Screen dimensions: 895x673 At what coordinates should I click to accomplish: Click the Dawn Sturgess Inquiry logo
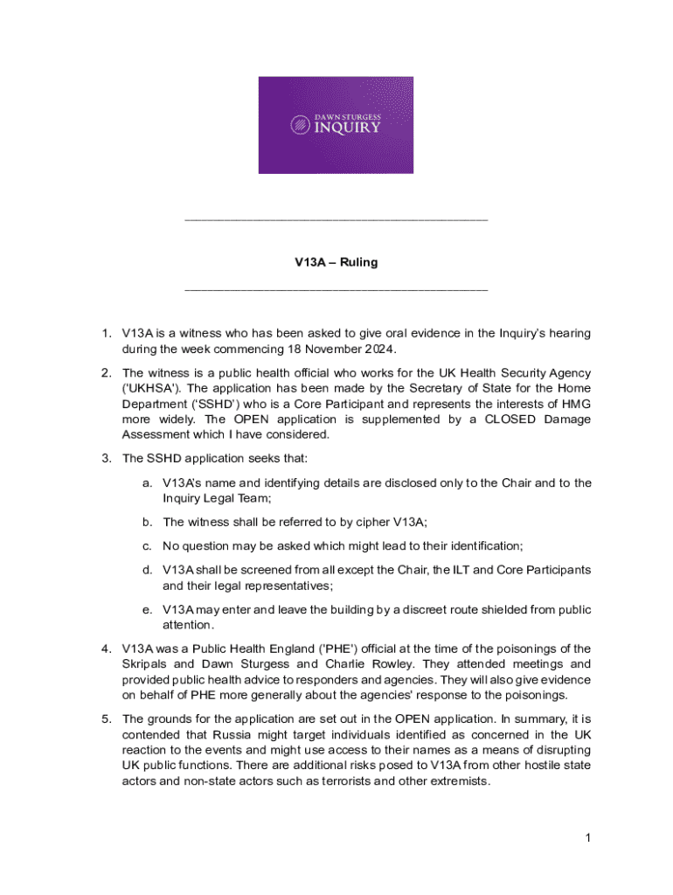(x=336, y=125)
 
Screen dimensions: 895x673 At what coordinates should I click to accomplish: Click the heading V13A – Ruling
(x=336, y=262)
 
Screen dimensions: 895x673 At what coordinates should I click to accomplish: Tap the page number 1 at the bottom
(x=589, y=839)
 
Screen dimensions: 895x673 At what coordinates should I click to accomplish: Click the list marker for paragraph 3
(x=106, y=458)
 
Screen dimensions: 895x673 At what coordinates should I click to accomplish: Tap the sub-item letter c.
(x=148, y=546)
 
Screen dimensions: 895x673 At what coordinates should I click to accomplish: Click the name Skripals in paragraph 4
(x=146, y=664)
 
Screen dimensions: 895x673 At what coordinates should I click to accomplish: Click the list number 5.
(x=106, y=719)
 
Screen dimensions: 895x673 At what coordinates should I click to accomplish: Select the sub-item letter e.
(x=148, y=609)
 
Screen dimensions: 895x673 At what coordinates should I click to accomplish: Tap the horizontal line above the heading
(x=336, y=219)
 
